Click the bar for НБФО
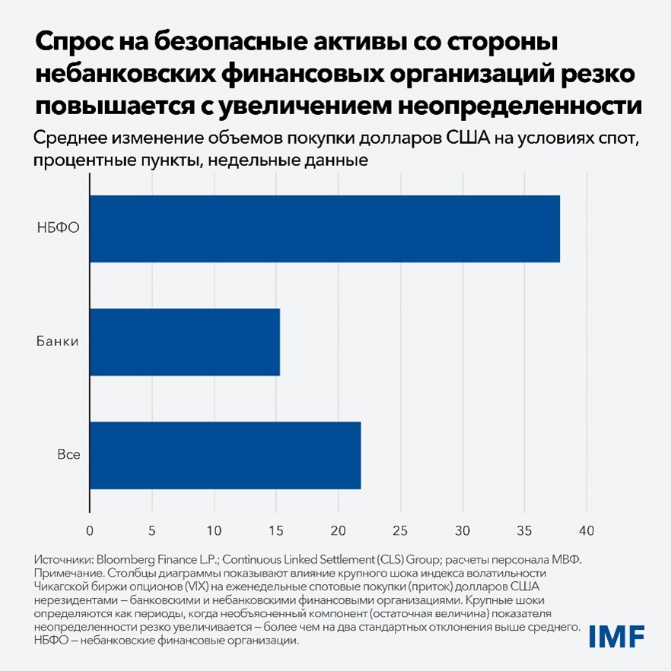[325, 229]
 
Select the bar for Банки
[185, 342]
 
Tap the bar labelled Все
[225, 455]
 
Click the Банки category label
[57, 342]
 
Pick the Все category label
[68, 455]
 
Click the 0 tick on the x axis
[90, 530]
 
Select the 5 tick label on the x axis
[152, 530]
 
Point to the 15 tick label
[276, 530]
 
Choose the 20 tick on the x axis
[338, 530]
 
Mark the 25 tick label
[400, 530]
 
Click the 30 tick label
[462, 530]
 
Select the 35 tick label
[524, 530]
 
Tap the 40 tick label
[586, 530]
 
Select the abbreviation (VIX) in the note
[178, 586]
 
